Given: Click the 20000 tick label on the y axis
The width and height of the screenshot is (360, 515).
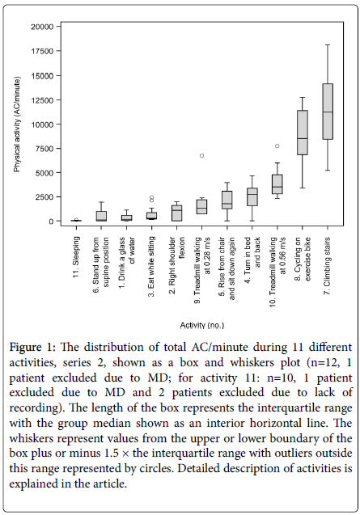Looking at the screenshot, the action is pos(42,27).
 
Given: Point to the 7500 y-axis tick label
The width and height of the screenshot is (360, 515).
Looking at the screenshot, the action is pos(44,149).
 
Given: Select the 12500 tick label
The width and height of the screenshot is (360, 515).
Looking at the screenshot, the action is pos(42,100).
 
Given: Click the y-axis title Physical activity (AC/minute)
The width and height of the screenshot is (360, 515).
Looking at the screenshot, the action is pos(17,125).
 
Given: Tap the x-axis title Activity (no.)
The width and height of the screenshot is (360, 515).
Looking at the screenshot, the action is pos(202,325).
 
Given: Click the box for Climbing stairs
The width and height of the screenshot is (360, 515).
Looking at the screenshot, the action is pos(328,112).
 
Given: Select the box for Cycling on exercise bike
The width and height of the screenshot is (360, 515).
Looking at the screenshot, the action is pos(303,133).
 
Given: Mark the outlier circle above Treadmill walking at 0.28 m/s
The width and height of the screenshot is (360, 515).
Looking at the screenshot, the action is pos(202,156).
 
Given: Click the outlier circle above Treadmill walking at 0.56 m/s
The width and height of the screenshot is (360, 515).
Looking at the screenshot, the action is pos(277,146).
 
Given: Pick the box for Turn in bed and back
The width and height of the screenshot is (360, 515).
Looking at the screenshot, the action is pos(252,196).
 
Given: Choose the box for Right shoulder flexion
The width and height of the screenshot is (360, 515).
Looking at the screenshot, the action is pos(177,213).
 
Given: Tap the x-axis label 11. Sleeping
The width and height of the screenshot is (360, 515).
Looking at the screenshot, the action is pos(76,257).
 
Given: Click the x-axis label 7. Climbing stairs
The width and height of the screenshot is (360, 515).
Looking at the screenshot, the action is pos(328,266).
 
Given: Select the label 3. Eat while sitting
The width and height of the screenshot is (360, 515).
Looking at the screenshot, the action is pos(151,267).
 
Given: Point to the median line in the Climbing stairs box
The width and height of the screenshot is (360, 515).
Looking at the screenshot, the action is pos(328,112).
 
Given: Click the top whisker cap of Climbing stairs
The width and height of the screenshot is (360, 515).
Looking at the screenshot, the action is pos(328,44).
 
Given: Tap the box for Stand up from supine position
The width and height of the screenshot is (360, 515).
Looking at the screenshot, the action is pos(102,216).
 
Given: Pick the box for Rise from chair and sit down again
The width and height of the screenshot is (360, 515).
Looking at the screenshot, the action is pos(227,200).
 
